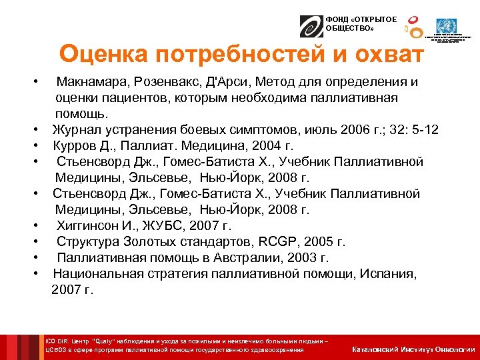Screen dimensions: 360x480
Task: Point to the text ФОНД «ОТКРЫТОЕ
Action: pos(361,20)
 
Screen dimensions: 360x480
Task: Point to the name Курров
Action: pos(75,145)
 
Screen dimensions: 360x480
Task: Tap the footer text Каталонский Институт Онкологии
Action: pos(413,349)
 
